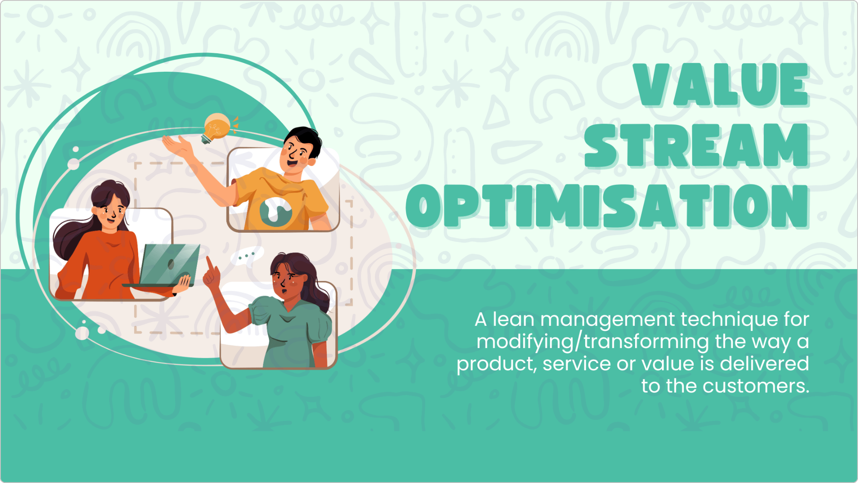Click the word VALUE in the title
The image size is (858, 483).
[721, 85]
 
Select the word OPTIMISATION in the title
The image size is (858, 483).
[608, 206]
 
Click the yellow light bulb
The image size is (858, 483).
[217, 127]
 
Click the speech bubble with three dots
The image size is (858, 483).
[247, 256]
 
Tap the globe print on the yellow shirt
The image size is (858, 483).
[275, 210]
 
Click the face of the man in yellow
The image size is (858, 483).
[297, 153]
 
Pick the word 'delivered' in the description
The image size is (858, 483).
[765, 364]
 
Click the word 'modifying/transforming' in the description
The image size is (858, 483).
[592, 342]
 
